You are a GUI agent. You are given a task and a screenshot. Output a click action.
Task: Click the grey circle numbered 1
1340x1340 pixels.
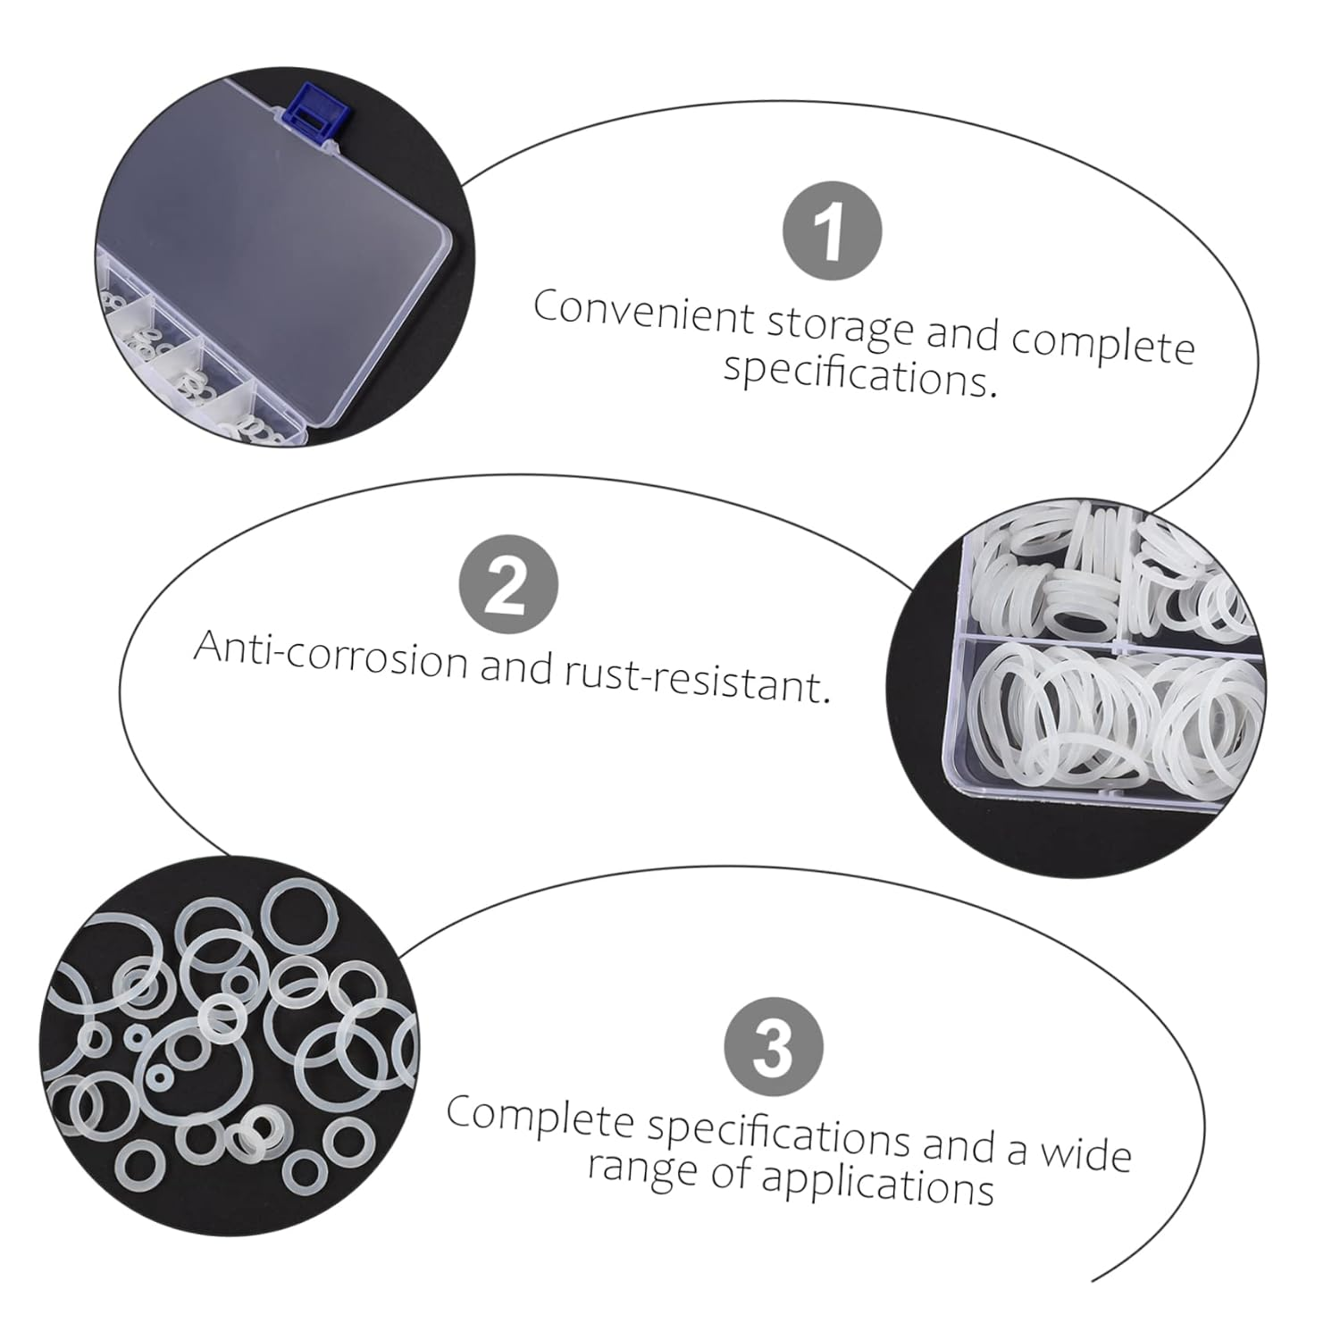pos(832,230)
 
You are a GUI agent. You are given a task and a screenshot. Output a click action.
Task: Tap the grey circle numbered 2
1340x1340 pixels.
pos(508,585)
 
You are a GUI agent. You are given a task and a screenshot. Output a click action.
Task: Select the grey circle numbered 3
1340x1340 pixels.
pos(773,1047)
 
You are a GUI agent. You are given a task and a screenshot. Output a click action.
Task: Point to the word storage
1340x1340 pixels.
pos(840,326)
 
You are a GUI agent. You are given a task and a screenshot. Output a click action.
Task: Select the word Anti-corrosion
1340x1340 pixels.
pos(331,654)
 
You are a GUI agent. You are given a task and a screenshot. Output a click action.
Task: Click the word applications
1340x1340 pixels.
pos(877,1185)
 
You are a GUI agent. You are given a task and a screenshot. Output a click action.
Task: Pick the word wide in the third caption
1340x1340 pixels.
pos(1085,1152)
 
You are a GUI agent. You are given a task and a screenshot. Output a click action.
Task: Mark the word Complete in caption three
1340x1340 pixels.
pos(540,1117)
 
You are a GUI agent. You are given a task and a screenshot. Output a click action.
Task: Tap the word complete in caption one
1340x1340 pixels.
pos(1103,344)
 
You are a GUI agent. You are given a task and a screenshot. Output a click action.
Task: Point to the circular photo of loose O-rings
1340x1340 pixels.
pos(228,1045)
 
